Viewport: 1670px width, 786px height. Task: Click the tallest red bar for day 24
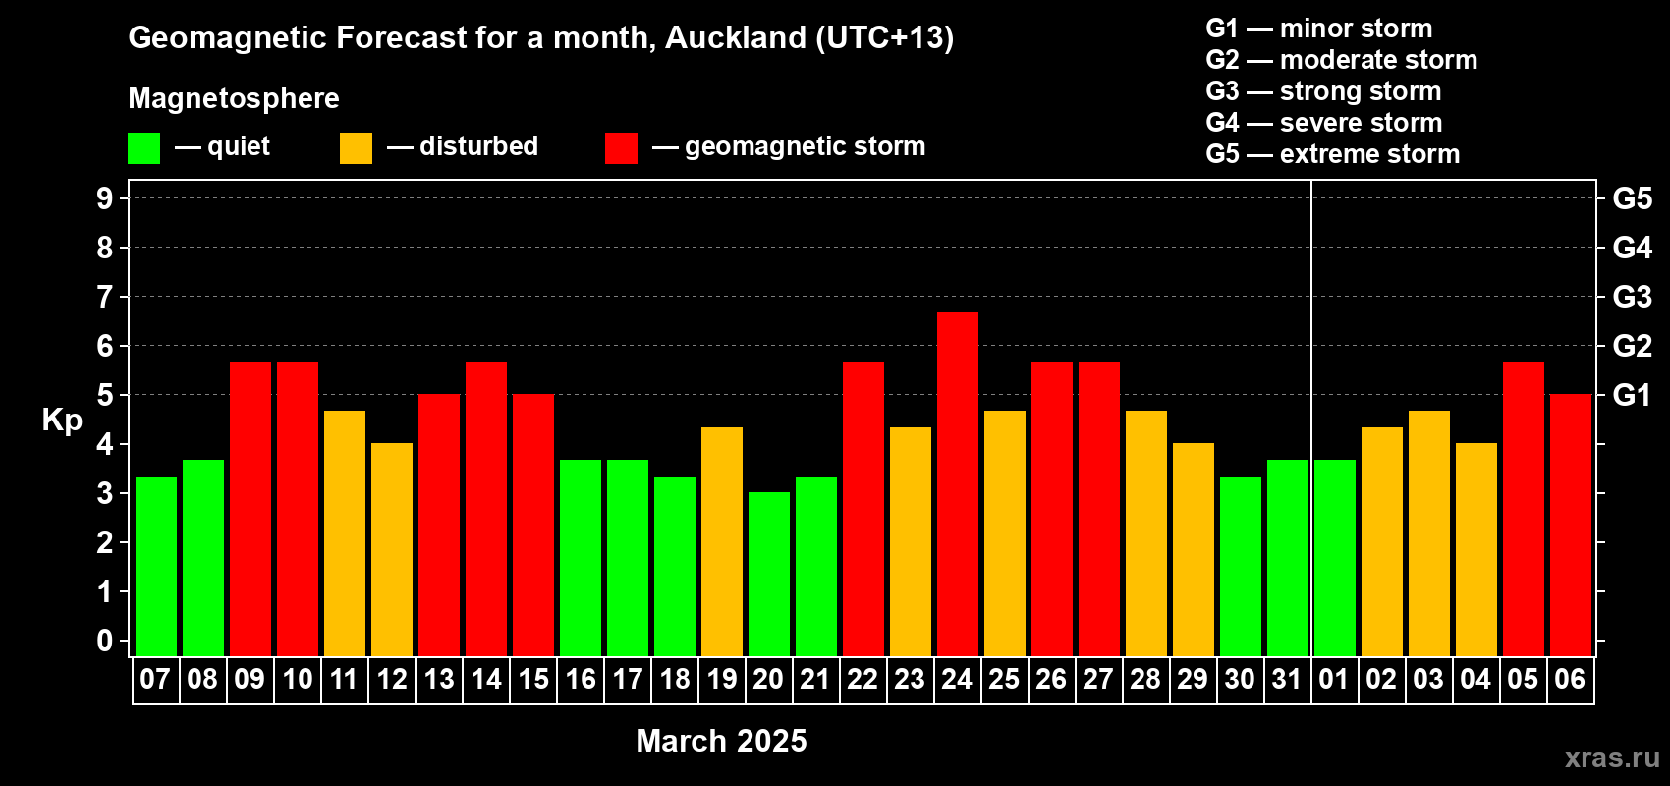click(957, 484)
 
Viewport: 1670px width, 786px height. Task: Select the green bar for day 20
click(768, 574)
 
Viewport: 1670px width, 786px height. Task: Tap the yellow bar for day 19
click(722, 541)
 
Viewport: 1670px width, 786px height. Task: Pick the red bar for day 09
click(250, 509)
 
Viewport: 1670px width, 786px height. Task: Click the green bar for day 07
click(156, 566)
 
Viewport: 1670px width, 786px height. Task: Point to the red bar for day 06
click(1571, 525)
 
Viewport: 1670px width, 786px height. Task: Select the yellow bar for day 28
click(1145, 533)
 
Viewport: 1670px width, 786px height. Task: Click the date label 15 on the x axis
click(533, 679)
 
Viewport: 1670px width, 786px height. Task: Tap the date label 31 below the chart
click(1287, 679)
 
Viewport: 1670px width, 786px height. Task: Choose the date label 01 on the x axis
click(1334, 679)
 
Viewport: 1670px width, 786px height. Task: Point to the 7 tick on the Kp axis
click(104, 297)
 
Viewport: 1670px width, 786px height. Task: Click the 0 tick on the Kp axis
click(104, 641)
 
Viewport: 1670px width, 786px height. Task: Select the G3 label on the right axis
click(1632, 297)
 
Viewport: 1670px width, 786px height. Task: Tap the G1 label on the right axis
click(1632, 395)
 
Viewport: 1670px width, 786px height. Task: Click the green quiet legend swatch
click(143, 147)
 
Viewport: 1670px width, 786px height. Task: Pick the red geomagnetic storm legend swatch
click(622, 147)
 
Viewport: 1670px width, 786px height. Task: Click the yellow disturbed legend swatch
click(357, 147)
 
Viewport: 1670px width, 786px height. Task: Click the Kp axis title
click(62, 420)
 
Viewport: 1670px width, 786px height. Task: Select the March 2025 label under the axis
click(722, 741)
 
